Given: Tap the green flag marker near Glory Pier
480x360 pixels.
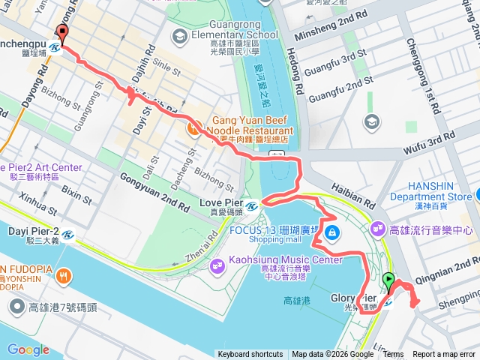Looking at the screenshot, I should click(x=388, y=282).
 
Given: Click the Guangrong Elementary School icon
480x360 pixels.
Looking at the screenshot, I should click(x=179, y=35).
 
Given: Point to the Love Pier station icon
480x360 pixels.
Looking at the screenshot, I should click(x=253, y=204).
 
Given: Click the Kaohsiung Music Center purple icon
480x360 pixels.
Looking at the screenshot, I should click(x=218, y=264).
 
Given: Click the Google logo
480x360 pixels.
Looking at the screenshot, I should click(x=28, y=349).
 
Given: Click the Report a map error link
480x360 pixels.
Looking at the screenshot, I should click(x=445, y=355).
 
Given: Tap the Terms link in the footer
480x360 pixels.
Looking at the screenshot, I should click(x=393, y=355).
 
